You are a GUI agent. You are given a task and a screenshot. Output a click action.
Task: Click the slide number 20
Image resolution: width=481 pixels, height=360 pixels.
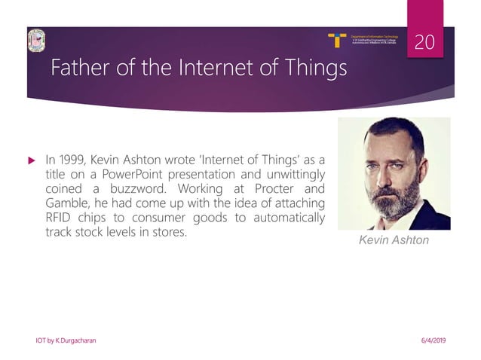point(427,43)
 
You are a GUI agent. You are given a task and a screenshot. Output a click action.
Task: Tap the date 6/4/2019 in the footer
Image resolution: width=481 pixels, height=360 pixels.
point(430,340)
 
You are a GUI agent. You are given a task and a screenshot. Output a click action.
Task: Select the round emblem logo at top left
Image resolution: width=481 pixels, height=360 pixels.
point(36,41)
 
